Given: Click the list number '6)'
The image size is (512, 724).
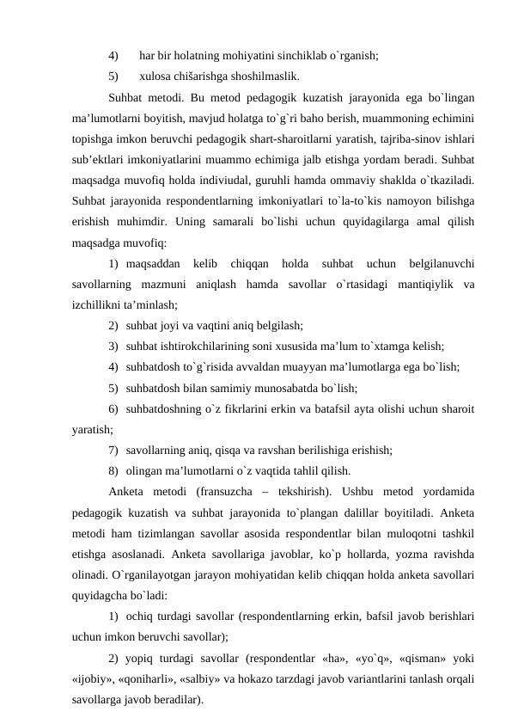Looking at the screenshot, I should [114, 409].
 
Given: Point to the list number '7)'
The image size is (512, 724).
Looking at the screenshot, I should [114, 450].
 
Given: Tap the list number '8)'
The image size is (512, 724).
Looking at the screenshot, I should [114, 470].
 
